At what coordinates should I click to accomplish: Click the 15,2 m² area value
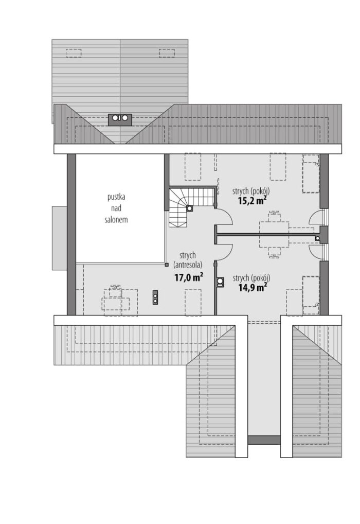tap(252, 200)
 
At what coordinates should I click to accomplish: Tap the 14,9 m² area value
tap(252, 287)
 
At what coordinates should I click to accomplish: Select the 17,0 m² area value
tap(189, 277)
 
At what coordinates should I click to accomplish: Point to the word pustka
tap(116, 197)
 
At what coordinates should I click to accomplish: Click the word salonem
tap(116, 220)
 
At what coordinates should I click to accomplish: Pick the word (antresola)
tap(188, 265)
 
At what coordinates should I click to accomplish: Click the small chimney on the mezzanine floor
tap(155, 297)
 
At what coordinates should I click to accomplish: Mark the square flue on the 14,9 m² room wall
tap(221, 283)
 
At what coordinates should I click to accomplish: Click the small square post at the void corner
tap(166, 265)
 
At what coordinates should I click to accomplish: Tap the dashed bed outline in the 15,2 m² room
tap(311, 173)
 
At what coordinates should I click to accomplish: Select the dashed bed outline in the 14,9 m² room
tap(311, 295)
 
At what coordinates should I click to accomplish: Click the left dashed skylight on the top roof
tap(74, 53)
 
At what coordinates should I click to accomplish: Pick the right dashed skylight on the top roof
tap(167, 53)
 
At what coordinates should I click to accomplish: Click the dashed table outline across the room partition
tap(274, 234)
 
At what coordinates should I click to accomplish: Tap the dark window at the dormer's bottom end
tap(264, 440)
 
